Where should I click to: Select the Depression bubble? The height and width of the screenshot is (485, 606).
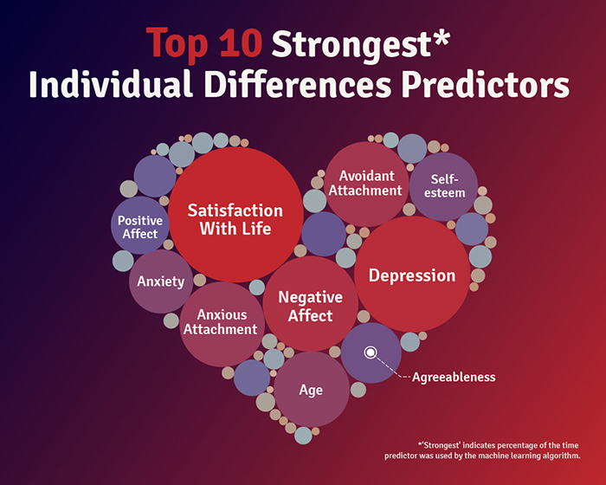pos(412,275)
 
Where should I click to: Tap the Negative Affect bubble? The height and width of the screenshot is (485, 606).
pos(311,305)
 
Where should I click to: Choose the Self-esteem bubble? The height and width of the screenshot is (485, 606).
pos(443,185)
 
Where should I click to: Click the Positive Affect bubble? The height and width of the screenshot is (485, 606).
pos(140,226)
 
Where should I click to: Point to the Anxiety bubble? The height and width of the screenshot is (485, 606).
pos(161,281)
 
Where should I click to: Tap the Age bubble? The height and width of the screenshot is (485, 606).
pos(311,390)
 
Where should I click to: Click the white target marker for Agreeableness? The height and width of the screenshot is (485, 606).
pos(371,352)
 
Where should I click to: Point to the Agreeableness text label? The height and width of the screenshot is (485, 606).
pos(454,377)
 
